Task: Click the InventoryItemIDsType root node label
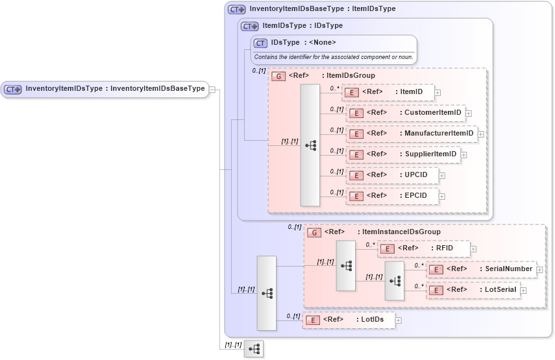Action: pyautogui.click(x=115, y=89)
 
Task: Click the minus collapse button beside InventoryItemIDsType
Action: pyautogui.click(x=212, y=90)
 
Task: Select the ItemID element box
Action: pyautogui.click(x=388, y=92)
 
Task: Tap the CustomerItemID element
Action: pyautogui.click(x=406, y=113)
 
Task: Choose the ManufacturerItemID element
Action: pyautogui.click(x=412, y=134)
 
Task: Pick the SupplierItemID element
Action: pyautogui.click(x=402, y=154)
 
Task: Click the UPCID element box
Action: pyautogui.click(x=391, y=175)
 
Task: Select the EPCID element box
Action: pyautogui.click(x=391, y=196)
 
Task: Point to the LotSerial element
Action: pyautogui.click(x=473, y=290)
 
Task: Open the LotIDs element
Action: pyautogui.click(x=348, y=320)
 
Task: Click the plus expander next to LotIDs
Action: pyautogui.click(x=399, y=320)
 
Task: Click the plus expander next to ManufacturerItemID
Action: pyautogui.click(x=481, y=134)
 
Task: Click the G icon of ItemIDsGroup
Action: pyautogui.click(x=278, y=76)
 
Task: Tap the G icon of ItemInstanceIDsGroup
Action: pyautogui.click(x=314, y=232)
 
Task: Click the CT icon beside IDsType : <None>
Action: pyautogui.click(x=261, y=43)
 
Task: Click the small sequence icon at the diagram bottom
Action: pyautogui.click(x=254, y=349)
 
